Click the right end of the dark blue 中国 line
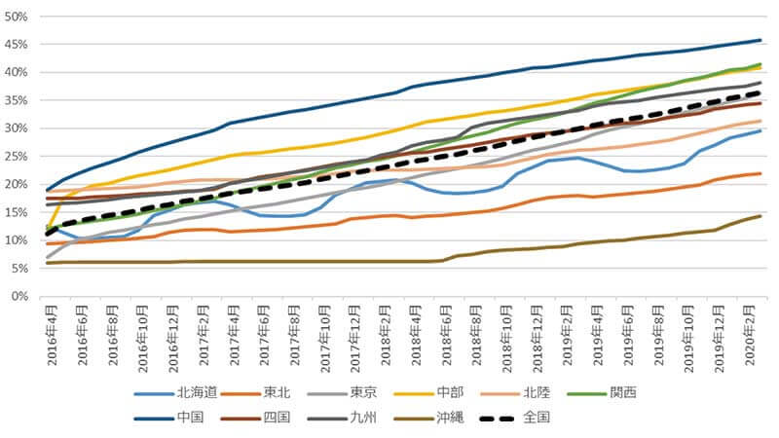tap(760, 40)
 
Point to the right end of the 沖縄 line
tap(760, 216)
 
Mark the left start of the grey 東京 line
tap(47, 258)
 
